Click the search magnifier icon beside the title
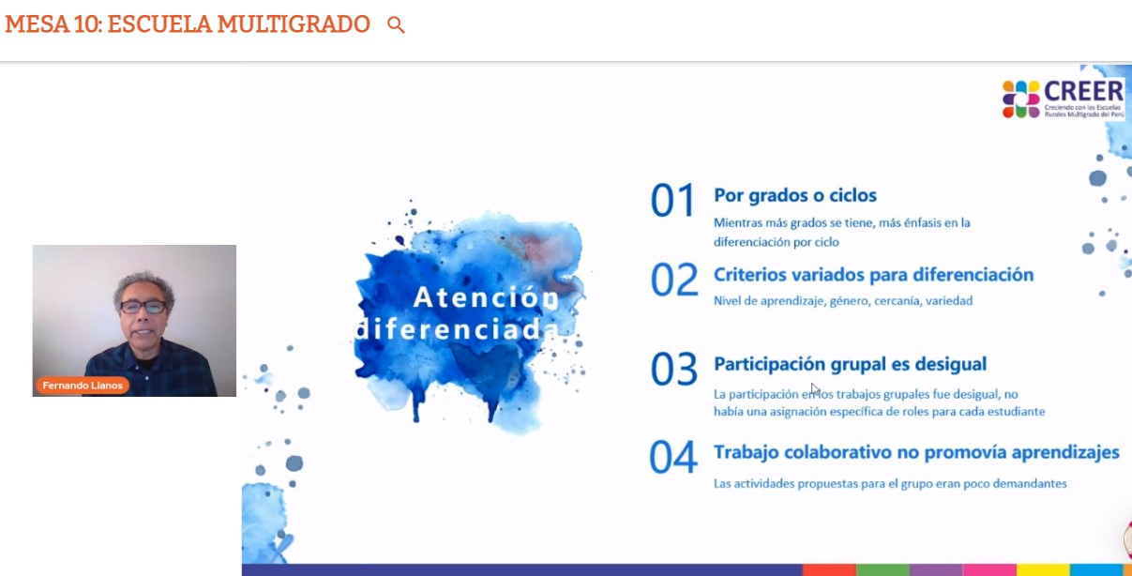tap(396, 24)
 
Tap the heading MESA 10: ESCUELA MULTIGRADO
tap(188, 24)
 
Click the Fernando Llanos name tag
tap(83, 386)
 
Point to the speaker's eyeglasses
tap(143, 307)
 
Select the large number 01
tap(672, 200)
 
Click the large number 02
tap(674, 280)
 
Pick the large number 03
tap(674, 369)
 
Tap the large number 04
tap(673, 457)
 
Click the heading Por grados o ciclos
tap(795, 195)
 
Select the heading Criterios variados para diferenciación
tap(873, 275)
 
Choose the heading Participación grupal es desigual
tap(850, 364)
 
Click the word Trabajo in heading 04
tap(746, 452)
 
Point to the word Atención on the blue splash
tap(486, 296)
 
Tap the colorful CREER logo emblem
tap(1020, 99)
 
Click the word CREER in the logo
tap(1083, 91)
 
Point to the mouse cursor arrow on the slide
tap(815, 389)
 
